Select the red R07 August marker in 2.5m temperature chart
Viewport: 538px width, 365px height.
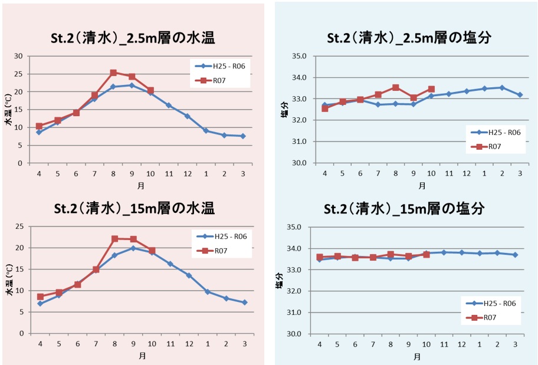point(113,73)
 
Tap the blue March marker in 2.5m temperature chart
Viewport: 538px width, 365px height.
point(243,136)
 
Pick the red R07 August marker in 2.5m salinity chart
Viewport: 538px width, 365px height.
point(396,87)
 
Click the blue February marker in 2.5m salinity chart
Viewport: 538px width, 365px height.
point(502,87)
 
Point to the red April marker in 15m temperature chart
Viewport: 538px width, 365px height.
point(40,297)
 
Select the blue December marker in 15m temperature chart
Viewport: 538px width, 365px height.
point(188,275)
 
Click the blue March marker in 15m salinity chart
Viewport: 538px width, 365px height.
point(515,255)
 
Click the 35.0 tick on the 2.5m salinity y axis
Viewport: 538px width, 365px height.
point(300,56)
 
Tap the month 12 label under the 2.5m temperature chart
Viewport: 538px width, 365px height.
point(187,173)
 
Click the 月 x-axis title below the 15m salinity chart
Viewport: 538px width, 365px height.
point(417,357)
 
